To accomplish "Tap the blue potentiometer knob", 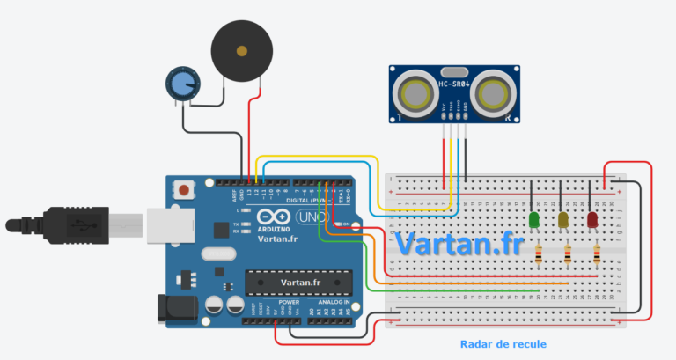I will click(x=181, y=84).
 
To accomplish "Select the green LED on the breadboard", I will click(x=533, y=218).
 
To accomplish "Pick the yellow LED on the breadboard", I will click(x=563, y=218).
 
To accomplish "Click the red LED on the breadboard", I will click(x=592, y=218).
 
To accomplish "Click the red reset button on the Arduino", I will click(x=184, y=189).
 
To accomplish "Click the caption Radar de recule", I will click(x=497, y=344).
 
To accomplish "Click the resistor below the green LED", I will click(x=539, y=255).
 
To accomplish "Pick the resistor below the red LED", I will click(x=598, y=255).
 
